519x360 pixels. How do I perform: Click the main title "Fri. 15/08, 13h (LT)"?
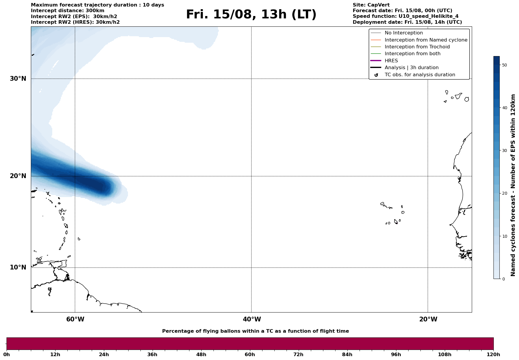251,15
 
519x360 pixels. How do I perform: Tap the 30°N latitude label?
18,79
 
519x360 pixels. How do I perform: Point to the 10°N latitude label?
18,267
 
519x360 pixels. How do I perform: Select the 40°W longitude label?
252,319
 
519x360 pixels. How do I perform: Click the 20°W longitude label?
428,319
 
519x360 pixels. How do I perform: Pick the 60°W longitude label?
75,319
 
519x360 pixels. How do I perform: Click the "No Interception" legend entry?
404,33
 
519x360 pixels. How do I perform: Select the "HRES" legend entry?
391,61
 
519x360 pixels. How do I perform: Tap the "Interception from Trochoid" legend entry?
417,47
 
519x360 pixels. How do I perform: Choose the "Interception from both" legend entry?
412,54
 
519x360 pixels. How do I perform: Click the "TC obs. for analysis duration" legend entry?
420,75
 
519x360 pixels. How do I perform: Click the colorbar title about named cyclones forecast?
513,185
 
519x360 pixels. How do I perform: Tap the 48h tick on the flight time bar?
201,354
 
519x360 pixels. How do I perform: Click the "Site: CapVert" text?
371,5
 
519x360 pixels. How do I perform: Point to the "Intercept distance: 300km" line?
67,11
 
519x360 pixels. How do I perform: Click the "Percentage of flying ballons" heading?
255,331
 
